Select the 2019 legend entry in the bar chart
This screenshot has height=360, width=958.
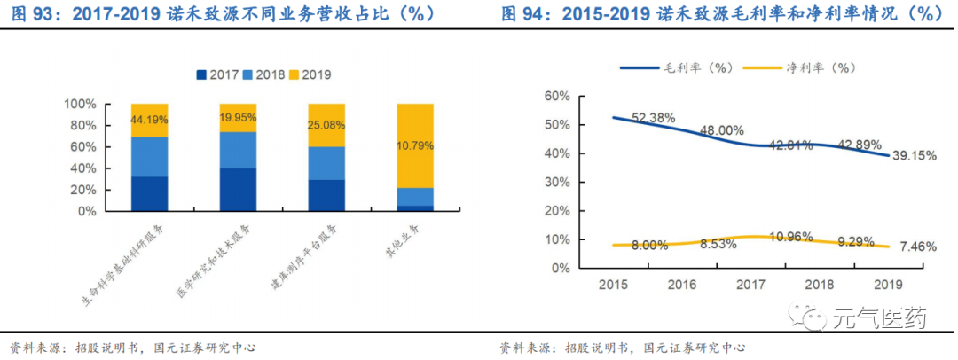point(311,74)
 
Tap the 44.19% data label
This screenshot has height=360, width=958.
point(149,119)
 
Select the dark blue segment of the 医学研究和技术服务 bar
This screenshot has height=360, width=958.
point(238,189)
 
